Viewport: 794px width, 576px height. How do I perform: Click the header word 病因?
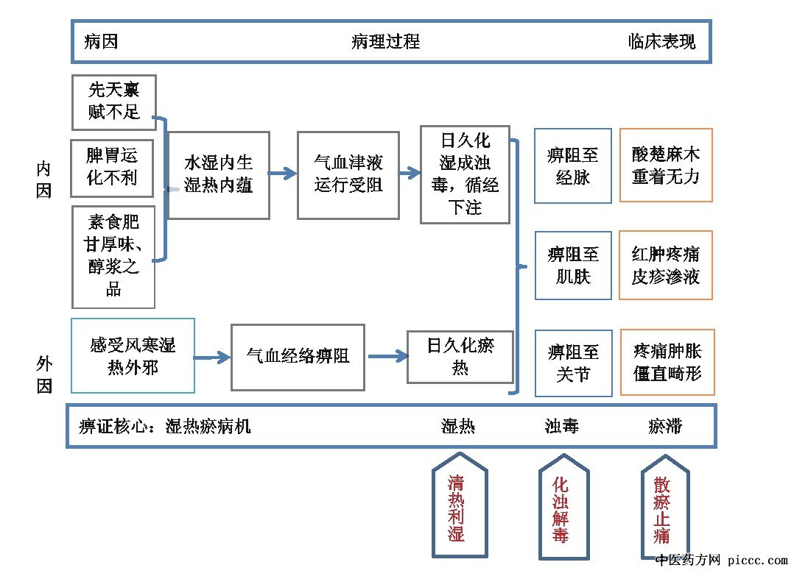[101, 41]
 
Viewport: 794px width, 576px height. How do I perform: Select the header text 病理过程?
[385, 41]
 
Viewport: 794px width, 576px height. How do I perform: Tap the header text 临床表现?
[661, 41]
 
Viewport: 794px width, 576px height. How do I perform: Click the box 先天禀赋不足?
[113, 101]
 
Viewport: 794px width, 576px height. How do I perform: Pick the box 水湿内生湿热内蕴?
[218, 174]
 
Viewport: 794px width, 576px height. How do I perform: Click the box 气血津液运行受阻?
[348, 174]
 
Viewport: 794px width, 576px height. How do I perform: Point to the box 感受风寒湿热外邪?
[133, 356]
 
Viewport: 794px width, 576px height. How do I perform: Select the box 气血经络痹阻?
[298, 357]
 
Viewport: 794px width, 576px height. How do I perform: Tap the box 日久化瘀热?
[460, 356]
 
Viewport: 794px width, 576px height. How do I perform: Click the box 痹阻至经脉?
[573, 166]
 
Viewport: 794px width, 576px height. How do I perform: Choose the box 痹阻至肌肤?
[573, 266]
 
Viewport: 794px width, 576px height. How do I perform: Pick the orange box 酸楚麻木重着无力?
[666, 166]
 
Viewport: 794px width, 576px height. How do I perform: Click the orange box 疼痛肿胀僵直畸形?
[667, 363]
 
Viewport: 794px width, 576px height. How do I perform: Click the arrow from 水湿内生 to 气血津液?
[282, 174]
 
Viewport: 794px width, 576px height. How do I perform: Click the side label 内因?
[44, 181]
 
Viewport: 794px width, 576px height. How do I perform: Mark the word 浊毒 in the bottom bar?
[561, 426]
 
